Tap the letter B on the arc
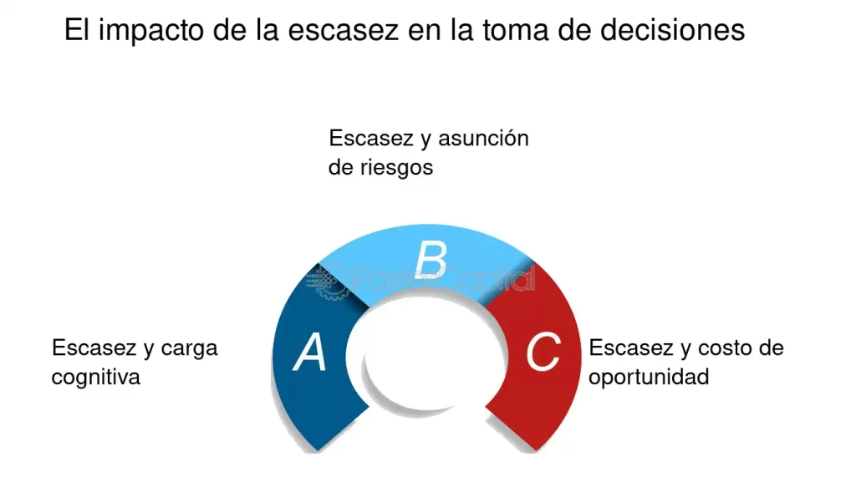click(431, 260)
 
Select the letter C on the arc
click(543, 353)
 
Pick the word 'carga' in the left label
click(189, 347)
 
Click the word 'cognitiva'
click(95, 377)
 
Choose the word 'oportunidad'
click(649, 377)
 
